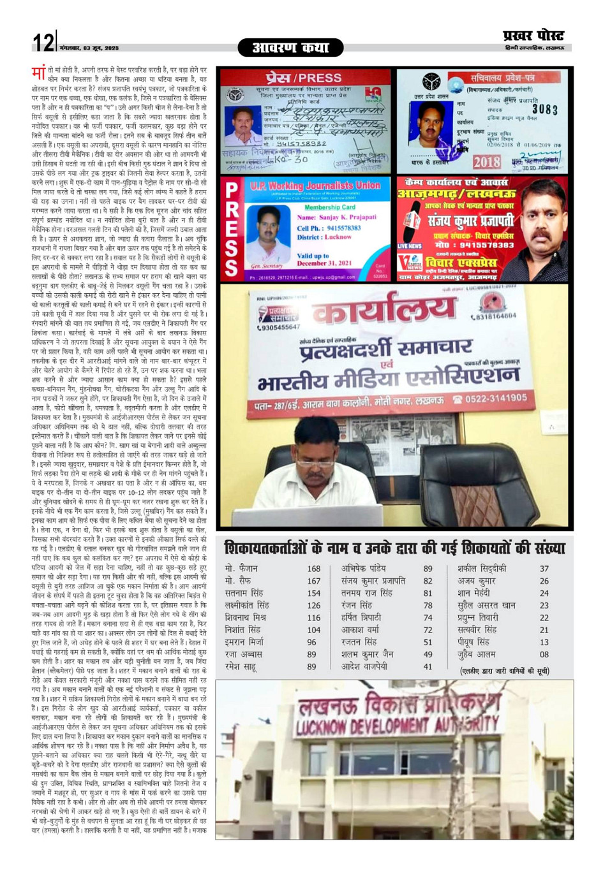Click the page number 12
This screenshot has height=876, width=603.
(43, 43)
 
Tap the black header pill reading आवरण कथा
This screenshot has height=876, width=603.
(290, 48)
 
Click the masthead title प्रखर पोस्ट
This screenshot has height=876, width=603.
(533, 36)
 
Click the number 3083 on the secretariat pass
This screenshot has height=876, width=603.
(544, 110)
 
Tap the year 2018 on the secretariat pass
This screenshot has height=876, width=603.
(487, 162)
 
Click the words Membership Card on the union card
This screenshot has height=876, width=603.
(330, 207)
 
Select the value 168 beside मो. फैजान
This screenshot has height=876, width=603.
(313, 569)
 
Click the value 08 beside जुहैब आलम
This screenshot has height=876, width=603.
(544, 654)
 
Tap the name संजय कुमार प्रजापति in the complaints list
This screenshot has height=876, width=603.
(373, 581)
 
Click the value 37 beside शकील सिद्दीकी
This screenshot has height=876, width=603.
(544, 569)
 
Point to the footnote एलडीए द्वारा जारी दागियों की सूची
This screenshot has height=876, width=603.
(504, 671)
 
